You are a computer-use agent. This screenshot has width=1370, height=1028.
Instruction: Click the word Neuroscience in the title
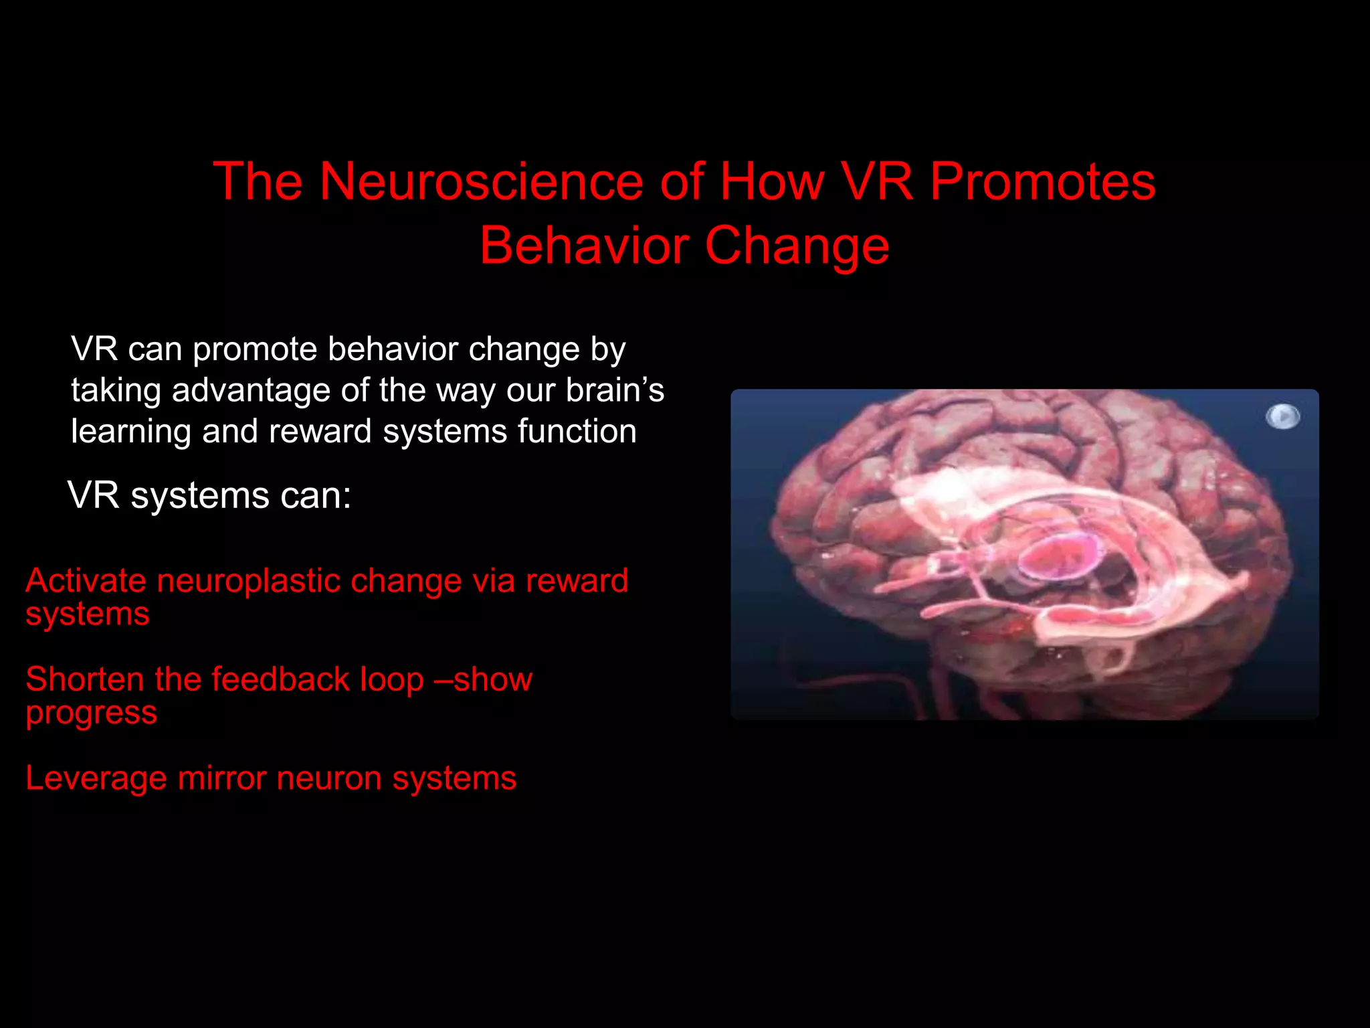point(481,181)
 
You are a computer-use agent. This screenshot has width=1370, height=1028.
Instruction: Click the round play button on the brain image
point(1282,416)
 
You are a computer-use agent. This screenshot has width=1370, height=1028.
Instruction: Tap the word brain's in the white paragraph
point(615,390)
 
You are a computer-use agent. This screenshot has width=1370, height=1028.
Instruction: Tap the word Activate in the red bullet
point(86,580)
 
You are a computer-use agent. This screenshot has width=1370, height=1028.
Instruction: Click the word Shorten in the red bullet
point(84,679)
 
